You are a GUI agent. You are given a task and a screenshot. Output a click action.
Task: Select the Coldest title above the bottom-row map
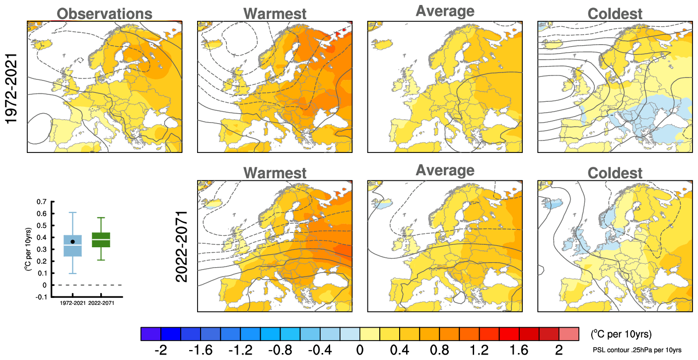[615, 173]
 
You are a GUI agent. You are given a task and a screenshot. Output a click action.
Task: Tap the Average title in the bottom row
[445, 170]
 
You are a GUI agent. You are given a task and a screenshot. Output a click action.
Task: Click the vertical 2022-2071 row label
[182, 247]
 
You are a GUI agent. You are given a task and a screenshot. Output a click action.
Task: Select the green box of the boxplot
[101, 239]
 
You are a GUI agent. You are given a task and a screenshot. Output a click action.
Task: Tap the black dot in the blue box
[72, 242]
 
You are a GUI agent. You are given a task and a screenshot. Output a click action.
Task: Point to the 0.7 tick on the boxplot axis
[41, 202]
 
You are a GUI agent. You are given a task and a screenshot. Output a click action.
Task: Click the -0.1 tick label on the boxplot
[40, 297]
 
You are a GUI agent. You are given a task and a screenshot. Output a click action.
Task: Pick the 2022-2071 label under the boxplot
[102, 302]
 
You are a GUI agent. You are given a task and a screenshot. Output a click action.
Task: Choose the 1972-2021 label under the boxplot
[73, 302]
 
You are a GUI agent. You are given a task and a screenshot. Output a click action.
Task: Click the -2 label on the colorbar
[161, 350]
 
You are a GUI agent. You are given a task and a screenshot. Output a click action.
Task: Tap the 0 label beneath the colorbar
[359, 350]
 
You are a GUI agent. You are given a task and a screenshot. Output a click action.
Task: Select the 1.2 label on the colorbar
[479, 350]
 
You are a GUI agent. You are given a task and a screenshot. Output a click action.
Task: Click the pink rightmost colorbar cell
[569, 333]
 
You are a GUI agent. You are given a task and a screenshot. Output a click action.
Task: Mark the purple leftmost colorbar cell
[151, 333]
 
